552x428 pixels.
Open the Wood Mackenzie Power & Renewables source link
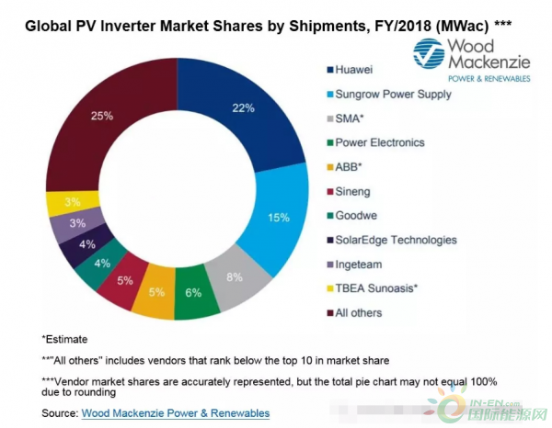click(175, 413)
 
